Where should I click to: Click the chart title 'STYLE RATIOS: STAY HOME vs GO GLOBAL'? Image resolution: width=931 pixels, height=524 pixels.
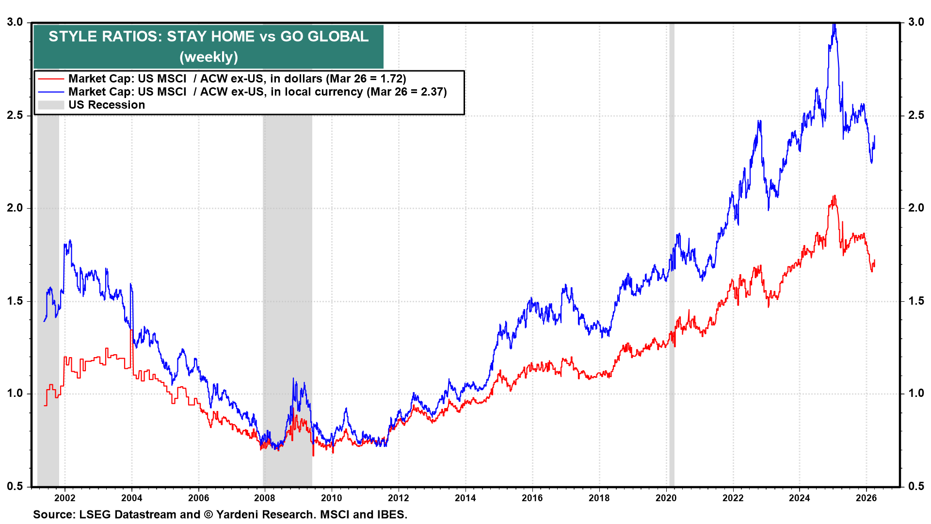[209, 36]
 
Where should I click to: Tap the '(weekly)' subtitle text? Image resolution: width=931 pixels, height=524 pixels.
[209, 57]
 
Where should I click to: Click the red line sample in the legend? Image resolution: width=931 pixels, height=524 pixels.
[51, 79]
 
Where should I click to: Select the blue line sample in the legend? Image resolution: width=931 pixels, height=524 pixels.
[51, 92]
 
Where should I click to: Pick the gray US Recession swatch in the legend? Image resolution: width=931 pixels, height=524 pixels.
[51, 105]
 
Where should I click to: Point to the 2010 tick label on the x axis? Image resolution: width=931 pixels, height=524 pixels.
[331, 498]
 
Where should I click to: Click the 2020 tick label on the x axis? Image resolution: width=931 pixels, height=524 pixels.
[666, 498]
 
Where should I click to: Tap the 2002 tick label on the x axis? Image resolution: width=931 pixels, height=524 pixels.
[64, 498]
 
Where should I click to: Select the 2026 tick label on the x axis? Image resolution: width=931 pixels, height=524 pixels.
[866, 498]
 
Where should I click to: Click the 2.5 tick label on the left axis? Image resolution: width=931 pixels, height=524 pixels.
[15, 115]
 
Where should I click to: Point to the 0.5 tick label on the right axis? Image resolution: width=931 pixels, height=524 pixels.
[916, 486]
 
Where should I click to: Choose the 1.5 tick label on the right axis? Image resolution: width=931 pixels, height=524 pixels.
[916, 301]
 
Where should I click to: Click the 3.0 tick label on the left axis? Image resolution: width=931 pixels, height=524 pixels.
[15, 22]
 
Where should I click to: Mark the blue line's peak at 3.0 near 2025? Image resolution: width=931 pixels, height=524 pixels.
[834, 24]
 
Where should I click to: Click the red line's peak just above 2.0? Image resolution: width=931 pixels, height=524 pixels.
[834, 196]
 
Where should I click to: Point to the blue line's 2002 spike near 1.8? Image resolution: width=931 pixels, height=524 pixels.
[70, 241]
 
